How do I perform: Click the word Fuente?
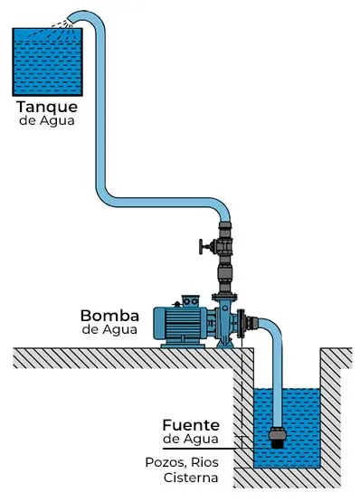pyautogui.click(x=192, y=424)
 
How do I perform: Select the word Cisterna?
pyautogui.click(x=203, y=477)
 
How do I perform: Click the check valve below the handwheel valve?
pyautogui.click(x=223, y=271)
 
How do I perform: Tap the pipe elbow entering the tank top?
pyautogui.click(x=90, y=18)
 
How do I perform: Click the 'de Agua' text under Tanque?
pyautogui.click(x=45, y=120)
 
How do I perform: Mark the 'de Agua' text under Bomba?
pyautogui.click(x=109, y=330)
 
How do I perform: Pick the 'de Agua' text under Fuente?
pyautogui.click(x=192, y=439)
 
